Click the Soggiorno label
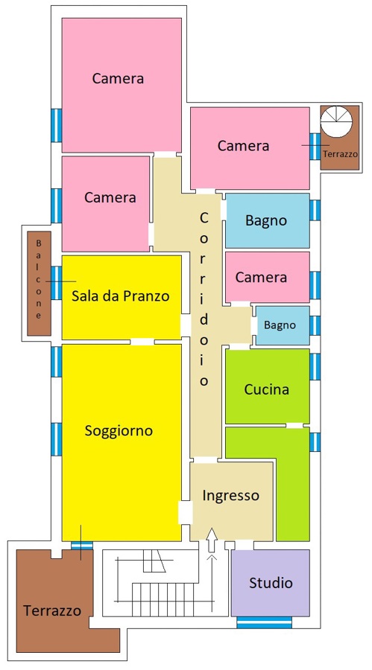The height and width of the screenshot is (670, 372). [119, 430]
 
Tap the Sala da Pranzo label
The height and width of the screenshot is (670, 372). [120, 296]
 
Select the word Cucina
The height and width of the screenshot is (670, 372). [266, 389]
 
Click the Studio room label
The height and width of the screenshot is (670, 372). [271, 582]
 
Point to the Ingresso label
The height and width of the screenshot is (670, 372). [231, 496]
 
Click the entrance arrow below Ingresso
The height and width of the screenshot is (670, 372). [212, 540]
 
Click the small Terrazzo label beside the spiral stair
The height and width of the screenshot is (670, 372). [340, 154]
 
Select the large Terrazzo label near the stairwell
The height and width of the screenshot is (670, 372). [51, 610]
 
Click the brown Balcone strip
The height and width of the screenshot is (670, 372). [39, 284]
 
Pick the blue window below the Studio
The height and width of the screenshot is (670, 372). [264, 622]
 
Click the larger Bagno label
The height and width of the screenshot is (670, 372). [266, 220]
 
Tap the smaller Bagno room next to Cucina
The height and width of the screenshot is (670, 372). [283, 325]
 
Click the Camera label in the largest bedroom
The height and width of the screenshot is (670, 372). [118, 79]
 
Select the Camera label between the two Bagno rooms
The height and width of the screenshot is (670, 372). [261, 278]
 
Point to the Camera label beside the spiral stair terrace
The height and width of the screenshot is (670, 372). [243, 146]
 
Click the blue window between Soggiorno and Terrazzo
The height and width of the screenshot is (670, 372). [82, 546]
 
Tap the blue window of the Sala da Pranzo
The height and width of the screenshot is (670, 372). [56, 283]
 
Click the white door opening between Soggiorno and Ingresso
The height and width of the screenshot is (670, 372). [186, 512]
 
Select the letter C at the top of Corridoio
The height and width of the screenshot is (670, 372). [204, 218]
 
